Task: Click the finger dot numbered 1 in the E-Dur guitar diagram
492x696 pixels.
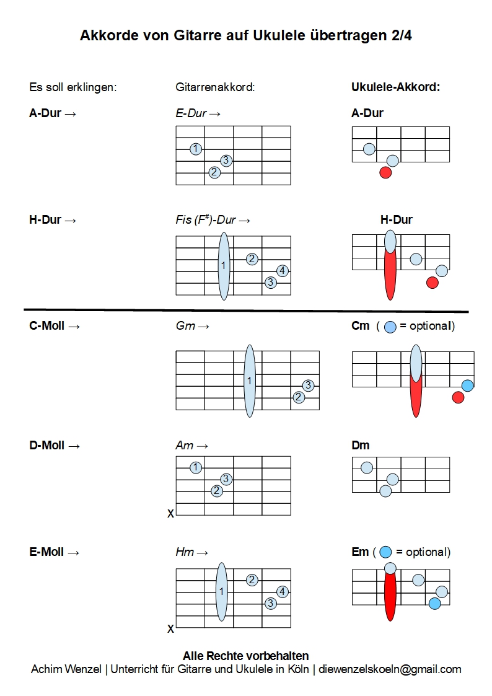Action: [196, 149]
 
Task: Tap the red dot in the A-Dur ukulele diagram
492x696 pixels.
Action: [385, 173]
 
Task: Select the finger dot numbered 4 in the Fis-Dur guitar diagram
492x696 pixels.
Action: [282, 270]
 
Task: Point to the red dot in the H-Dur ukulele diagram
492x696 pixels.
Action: [433, 283]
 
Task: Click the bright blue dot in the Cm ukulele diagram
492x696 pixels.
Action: [467, 385]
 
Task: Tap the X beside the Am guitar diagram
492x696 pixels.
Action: [170, 514]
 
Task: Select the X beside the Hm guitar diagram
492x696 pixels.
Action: [170, 629]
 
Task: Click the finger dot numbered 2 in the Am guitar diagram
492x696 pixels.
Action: [216, 491]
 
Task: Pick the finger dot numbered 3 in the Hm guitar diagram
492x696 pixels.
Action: [270, 603]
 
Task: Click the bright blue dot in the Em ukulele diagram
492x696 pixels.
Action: [434, 603]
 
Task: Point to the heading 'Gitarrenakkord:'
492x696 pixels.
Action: [216, 87]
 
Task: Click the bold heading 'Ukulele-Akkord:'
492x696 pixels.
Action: [395, 87]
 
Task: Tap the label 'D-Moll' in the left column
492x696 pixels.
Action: [47, 446]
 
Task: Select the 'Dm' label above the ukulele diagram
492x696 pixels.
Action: [360, 446]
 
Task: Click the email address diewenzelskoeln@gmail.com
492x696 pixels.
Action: [390, 669]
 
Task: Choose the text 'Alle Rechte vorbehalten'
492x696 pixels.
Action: [245, 656]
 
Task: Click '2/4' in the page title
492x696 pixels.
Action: [402, 36]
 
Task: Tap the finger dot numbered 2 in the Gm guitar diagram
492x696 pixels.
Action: [299, 397]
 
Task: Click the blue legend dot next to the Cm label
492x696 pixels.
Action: [390, 327]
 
